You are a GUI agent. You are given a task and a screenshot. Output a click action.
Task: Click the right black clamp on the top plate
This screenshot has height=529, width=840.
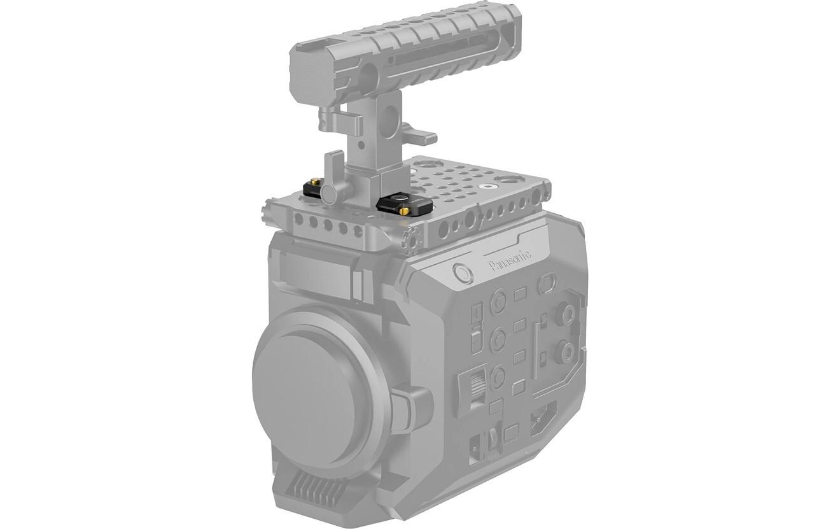[395, 204]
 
